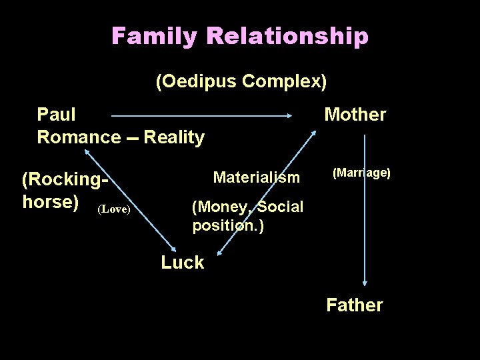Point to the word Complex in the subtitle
point(285,82)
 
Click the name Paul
point(56,115)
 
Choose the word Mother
point(355,115)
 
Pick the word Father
point(355,305)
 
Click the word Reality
point(174,137)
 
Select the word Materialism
point(257,177)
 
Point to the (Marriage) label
point(361,173)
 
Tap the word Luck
point(182,263)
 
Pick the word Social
point(280,207)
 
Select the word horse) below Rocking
point(51,201)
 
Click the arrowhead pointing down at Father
point(365,282)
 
